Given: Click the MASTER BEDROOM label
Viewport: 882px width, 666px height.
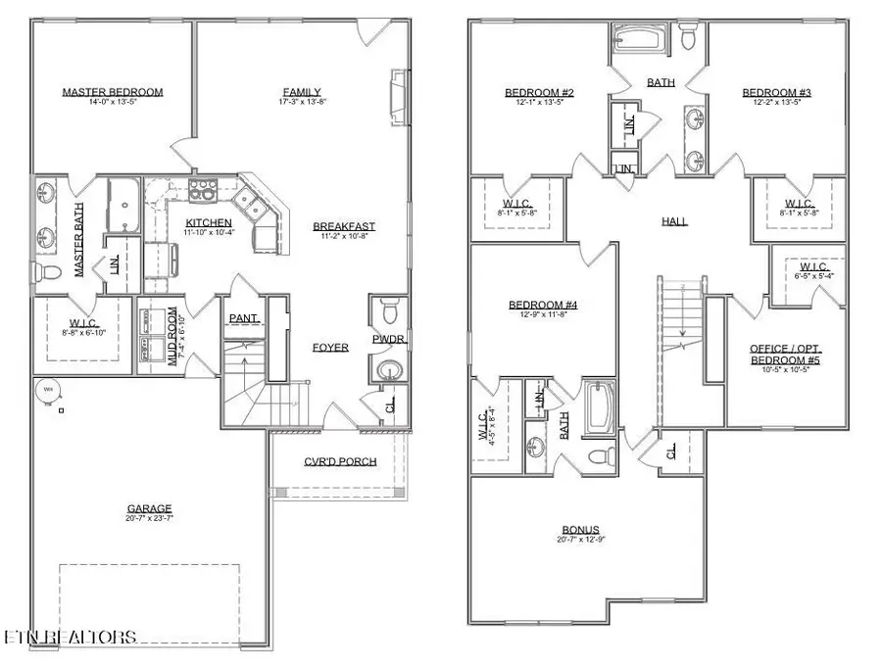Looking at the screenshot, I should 112,93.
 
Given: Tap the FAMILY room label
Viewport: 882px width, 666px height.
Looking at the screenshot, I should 301,93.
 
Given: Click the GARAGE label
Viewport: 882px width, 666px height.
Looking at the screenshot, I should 149,509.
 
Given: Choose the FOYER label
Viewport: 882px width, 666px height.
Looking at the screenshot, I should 330,348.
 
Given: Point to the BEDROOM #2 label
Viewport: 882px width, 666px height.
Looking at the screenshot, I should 539,93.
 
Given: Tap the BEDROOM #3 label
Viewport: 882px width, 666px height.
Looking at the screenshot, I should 776,93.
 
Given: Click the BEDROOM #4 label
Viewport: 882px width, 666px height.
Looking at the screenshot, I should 543,307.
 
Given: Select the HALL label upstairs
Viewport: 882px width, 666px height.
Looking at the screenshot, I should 674,222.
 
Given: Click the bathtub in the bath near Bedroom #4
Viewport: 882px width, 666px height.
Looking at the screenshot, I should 598,408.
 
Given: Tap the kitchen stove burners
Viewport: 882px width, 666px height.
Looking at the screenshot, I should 202,188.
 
